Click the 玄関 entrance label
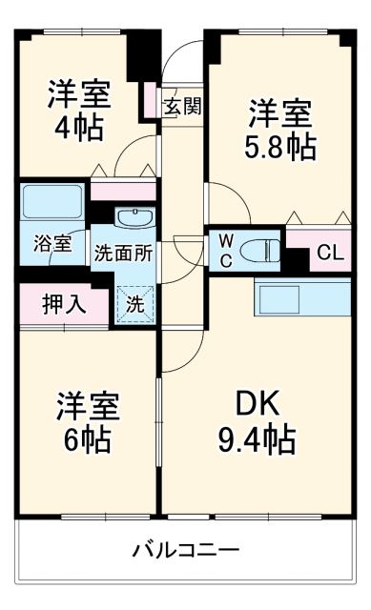(181, 106)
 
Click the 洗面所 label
(123, 254)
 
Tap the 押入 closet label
(64, 305)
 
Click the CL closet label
(331, 253)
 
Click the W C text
(226, 249)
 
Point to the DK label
(254, 406)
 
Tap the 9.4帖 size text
(254, 439)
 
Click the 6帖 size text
(87, 439)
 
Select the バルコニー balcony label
(185, 550)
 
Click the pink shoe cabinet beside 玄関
(151, 102)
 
